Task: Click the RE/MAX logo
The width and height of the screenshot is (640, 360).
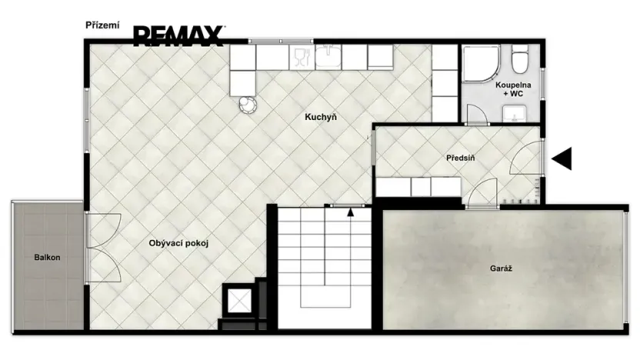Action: click(178, 36)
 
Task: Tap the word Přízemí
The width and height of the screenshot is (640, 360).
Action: click(102, 25)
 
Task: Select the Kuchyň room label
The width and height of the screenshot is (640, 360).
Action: click(321, 117)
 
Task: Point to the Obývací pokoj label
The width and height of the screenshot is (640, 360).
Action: click(178, 243)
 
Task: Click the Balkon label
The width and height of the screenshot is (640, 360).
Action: click(48, 258)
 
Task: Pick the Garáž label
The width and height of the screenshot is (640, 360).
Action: click(501, 268)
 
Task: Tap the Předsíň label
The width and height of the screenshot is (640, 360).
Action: click(461, 158)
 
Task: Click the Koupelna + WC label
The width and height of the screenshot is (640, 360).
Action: click(513, 89)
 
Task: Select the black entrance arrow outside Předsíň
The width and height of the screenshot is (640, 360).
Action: click(562, 158)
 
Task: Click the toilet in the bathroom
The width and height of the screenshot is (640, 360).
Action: click(520, 59)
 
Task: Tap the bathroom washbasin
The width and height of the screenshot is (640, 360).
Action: click(515, 113)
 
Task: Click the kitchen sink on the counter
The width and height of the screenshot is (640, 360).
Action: click(328, 57)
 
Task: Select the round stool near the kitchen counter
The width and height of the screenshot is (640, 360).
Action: click(248, 105)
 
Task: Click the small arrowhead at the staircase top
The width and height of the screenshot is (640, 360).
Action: click(350, 212)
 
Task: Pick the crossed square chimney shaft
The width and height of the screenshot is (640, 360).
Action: click(239, 301)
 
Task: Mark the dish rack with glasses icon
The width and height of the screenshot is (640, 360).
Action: click(302, 58)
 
